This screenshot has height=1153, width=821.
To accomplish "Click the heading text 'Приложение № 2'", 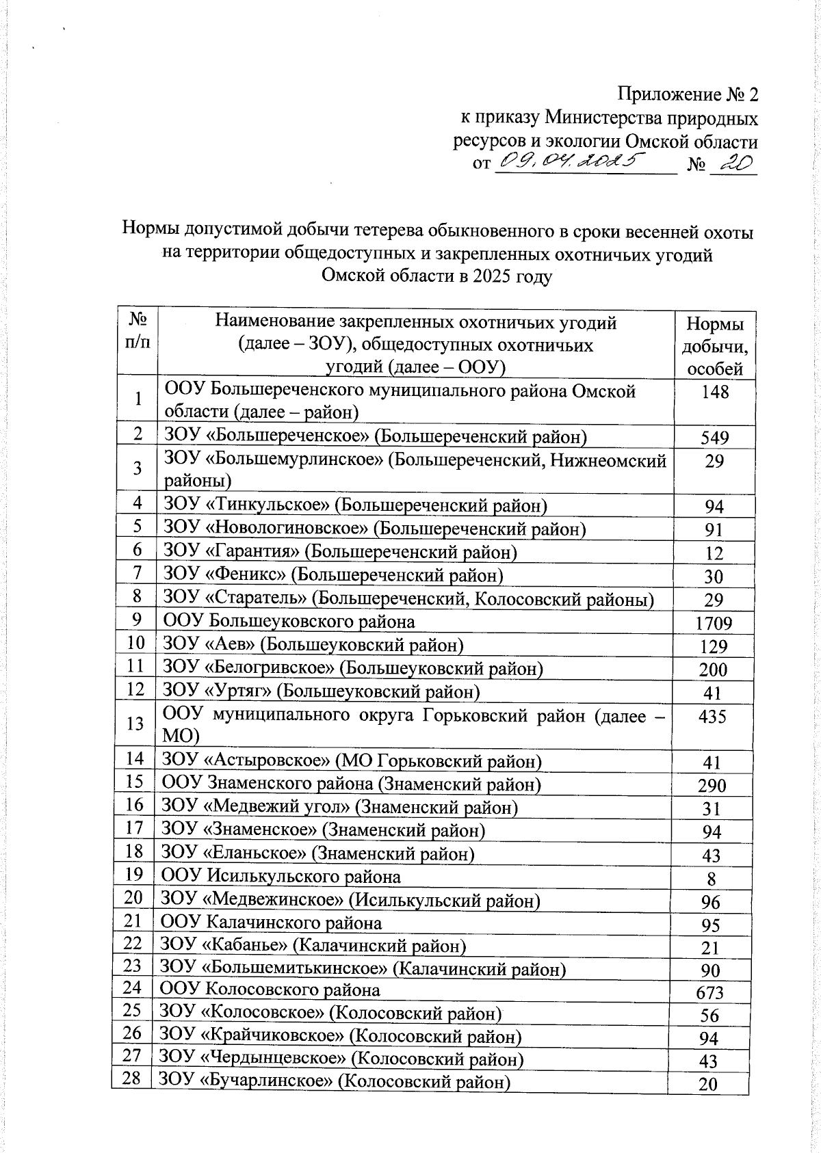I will (688, 94).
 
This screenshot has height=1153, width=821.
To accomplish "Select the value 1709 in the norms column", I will (713, 623).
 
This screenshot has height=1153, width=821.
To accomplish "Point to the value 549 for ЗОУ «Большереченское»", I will (714, 438).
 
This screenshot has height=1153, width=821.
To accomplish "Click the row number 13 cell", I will (136, 724).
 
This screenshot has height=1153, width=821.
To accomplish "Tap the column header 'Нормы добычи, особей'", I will (714, 346).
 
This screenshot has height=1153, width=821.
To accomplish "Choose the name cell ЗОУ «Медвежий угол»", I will (339, 807).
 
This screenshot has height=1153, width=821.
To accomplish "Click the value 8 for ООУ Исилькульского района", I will (712, 878).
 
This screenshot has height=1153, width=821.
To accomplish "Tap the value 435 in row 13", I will (714, 716).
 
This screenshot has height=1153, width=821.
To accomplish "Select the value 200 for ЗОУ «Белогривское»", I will (713, 670).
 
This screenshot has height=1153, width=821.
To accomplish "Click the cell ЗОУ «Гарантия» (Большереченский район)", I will (339, 552).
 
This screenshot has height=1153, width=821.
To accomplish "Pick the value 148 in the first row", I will (714, 392).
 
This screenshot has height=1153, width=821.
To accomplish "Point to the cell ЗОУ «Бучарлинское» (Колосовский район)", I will (335, 1081).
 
